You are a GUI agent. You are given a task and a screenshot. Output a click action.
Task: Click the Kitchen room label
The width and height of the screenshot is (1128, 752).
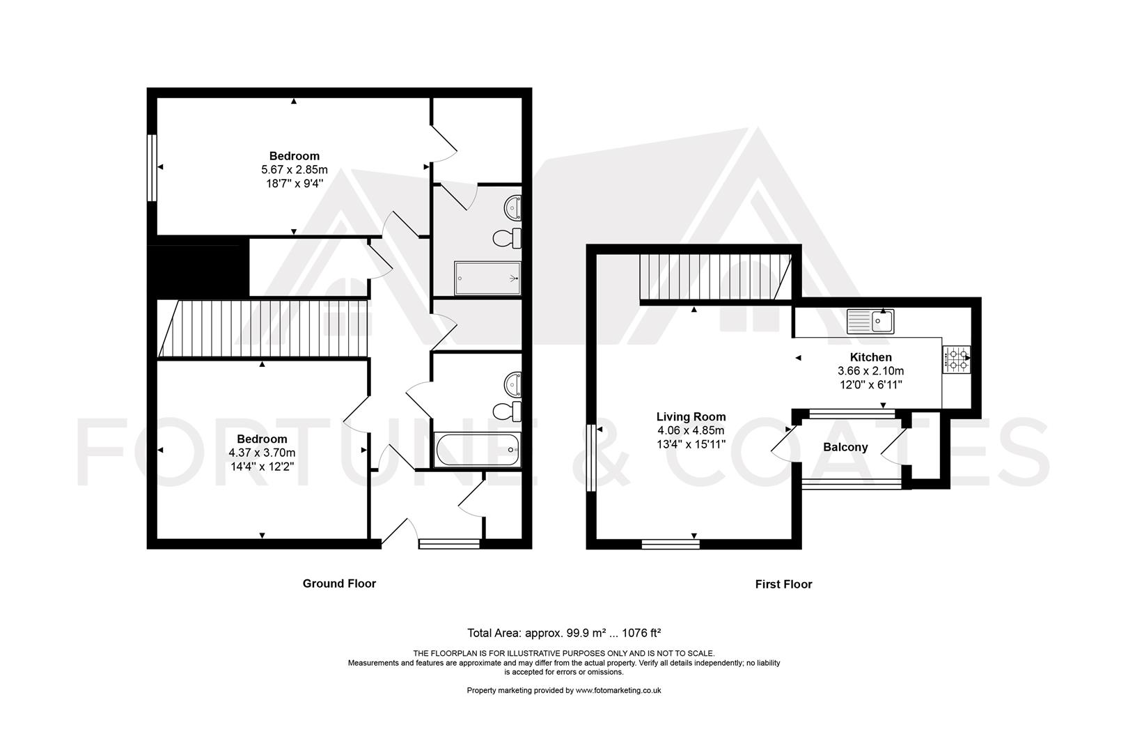point(870,357)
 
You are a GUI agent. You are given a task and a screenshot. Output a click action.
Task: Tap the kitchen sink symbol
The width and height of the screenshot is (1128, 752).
point(870,322)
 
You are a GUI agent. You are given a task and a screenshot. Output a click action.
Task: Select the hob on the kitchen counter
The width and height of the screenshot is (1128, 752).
point(956,359)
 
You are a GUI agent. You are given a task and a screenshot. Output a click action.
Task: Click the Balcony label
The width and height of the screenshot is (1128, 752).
point(845,447)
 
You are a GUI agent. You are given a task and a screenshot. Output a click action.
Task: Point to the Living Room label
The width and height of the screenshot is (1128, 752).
point(691,417)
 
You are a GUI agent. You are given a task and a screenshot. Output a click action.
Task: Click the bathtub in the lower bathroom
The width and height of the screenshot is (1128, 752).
point(477,449)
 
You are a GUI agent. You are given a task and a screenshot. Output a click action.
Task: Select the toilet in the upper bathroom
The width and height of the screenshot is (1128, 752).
point(507,239)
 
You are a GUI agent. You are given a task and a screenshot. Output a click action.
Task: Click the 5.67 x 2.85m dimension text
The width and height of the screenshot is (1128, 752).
point(294,170)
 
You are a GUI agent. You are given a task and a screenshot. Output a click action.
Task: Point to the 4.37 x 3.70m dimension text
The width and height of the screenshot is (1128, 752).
point(262,453)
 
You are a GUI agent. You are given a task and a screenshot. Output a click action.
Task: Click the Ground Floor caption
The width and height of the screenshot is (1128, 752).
point(339,583)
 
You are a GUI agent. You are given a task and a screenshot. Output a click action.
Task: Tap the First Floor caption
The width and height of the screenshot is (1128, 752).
point(783,584)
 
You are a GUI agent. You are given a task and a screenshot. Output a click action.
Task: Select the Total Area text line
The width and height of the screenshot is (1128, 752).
point(563,633)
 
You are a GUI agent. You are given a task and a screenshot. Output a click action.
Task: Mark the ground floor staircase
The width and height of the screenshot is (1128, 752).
point(265,329)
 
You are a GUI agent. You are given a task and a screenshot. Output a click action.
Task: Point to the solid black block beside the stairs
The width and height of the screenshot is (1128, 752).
point(198,267)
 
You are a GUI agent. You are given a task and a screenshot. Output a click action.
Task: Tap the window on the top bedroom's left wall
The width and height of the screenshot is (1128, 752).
point(151,167)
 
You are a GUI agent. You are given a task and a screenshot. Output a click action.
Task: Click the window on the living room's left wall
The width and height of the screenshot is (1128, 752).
point(590,458)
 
